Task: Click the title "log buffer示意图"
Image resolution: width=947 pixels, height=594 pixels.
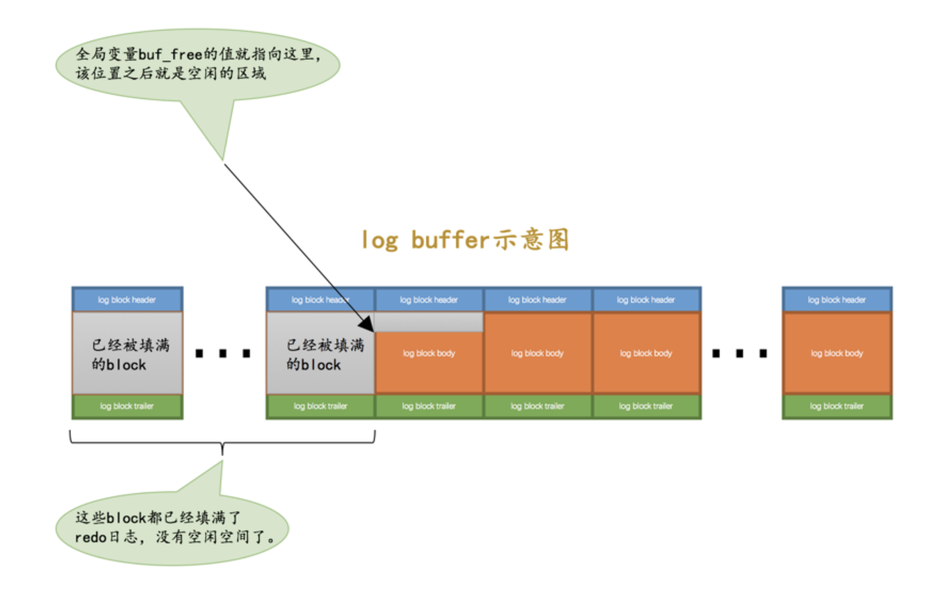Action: point(465,240)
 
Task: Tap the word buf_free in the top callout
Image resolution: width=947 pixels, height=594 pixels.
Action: point(170,55)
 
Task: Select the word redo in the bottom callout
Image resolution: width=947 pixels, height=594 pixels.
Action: point(90,537)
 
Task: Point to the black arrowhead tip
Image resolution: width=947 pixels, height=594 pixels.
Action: point(372,331)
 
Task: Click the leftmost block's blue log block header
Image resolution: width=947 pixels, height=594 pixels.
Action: point(127,300)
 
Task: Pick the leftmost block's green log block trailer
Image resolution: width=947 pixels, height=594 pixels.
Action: point(127,406)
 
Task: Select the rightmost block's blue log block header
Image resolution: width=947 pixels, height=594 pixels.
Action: point(837,300)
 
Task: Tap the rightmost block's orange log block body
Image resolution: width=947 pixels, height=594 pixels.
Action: point(837,353)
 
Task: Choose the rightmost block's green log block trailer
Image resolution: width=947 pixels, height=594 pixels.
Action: point(837,406)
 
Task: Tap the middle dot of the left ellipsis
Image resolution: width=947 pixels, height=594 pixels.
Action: point(223,354)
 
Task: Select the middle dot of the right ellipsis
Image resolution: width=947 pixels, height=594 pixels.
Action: point(740,354)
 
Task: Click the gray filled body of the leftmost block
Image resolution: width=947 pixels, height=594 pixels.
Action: point(127,353)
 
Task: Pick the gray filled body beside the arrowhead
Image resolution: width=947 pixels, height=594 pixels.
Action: point(320,353)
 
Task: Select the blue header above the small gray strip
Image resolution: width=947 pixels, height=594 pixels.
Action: point(429,300)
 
